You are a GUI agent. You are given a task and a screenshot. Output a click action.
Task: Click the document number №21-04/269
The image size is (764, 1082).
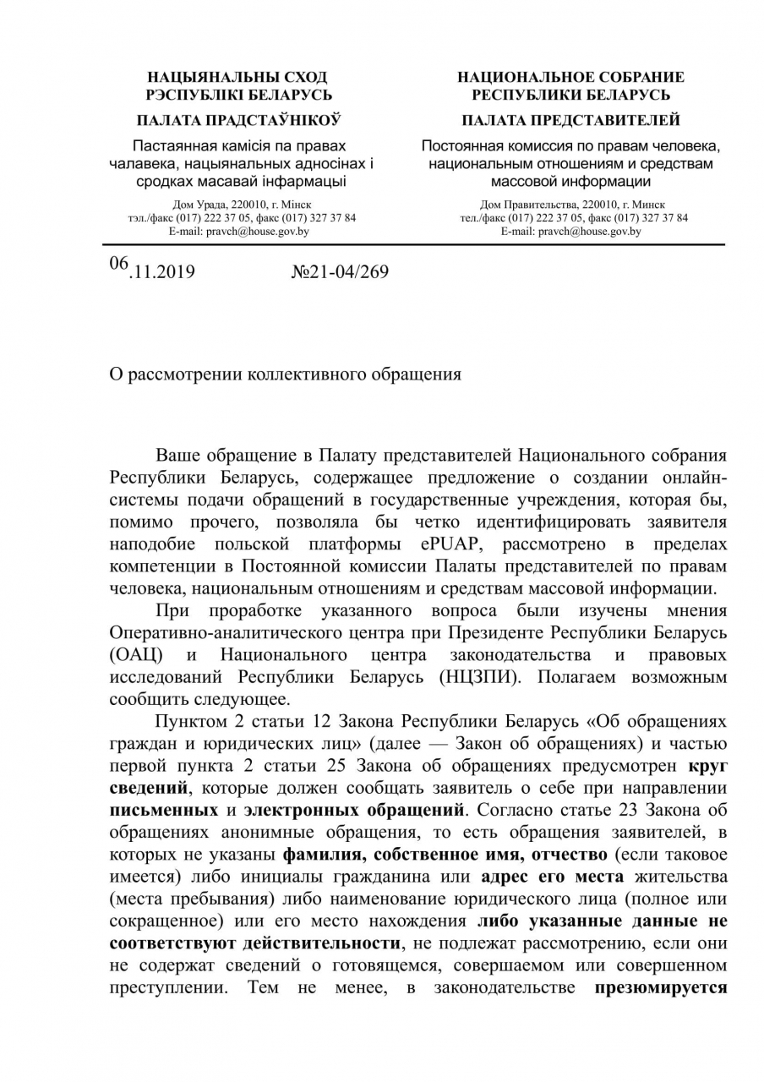point(340,272)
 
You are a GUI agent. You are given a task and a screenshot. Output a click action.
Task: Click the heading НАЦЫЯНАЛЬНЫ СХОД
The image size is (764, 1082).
point(237,77)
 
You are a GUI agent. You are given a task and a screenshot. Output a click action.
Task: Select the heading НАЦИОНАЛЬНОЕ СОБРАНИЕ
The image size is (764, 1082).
point(570,77)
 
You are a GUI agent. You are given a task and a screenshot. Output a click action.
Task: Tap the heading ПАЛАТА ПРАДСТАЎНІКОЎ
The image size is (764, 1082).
point(238,120)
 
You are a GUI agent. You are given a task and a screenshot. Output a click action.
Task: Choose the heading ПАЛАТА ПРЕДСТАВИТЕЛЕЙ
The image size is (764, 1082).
point(570,120)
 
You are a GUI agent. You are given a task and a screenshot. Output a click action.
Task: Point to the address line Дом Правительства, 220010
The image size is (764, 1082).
point(572,205)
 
